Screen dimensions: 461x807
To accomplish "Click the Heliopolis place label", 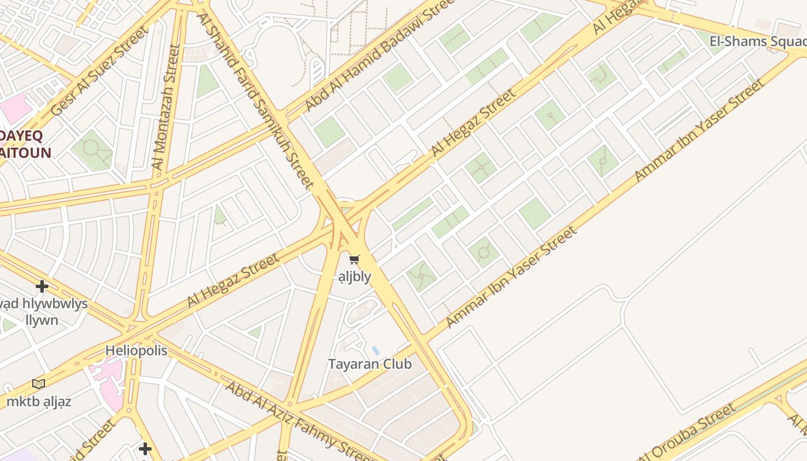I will [136, 351].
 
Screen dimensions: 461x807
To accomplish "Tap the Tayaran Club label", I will [369, 364].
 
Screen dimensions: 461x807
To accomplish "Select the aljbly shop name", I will [355, 277].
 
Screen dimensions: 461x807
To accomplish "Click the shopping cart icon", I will [355, 260].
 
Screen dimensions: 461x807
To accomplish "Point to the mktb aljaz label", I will [39, 402].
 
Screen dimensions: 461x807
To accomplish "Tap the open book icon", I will [39, 384].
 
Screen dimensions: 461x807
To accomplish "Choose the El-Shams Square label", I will [757, 41].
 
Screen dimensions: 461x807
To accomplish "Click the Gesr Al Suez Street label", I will [99, 72].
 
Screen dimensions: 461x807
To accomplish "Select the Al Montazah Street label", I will [165, 108].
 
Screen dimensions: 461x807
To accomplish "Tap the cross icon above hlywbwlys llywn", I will [42, 286].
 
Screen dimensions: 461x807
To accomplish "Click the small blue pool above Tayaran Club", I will [375, 350].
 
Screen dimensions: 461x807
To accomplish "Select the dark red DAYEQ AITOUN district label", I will [25, 144].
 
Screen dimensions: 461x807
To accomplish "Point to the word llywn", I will [42, 320].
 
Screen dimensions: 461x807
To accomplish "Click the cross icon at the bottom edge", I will [145, 448].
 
